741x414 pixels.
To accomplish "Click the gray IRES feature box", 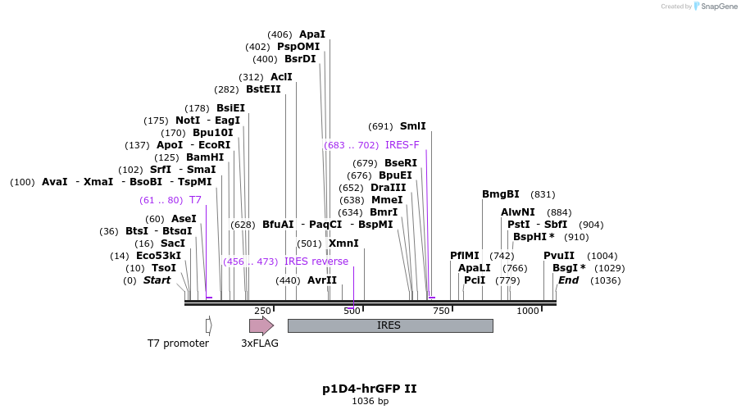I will tap(389, 325).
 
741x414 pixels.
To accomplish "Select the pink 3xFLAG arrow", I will tap(261, 325).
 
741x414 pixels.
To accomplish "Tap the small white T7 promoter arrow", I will tap(209, 325).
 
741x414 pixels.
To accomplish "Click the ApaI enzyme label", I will tap(311, 34).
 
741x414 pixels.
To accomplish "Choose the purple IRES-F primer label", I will tap(402, 145).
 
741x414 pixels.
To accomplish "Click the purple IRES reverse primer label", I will tap(316, 262).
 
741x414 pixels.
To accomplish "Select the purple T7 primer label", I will tap(195, 200).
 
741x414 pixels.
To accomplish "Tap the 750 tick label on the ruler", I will tap(441, 311).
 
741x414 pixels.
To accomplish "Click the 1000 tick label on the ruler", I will tap(528, 311).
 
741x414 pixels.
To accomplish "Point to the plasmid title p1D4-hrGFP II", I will tap(370, 389).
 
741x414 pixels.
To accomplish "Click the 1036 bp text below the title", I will tap(370, 401).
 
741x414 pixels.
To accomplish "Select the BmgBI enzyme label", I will tap(500, 194).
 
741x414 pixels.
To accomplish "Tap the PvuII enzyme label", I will tap(559, 256).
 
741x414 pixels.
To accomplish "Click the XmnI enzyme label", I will tap(343, 243).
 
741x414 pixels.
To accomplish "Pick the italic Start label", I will tap(157, 280).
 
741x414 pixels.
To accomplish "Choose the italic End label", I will tap(568, 280).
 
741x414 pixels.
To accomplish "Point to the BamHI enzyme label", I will tap(205, 157).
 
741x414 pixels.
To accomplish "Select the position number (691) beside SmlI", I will tap(380, 126).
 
